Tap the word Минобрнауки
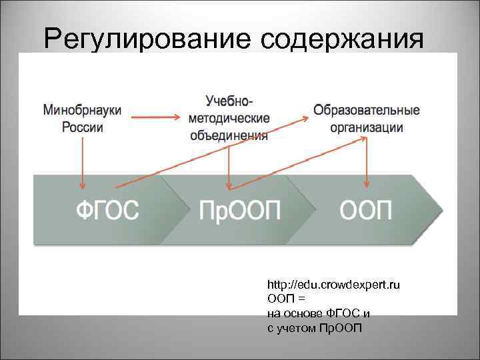[83, 110]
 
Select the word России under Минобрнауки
[83, 126]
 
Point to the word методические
[229, 118]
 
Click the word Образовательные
[366, 110]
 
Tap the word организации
[366, 127]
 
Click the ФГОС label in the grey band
[107, 211]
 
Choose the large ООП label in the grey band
[366, 211]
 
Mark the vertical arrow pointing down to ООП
[366, 163]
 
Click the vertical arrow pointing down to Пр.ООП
[229, 167]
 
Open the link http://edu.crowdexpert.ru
[333, 285]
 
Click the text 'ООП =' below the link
[286, 298]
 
